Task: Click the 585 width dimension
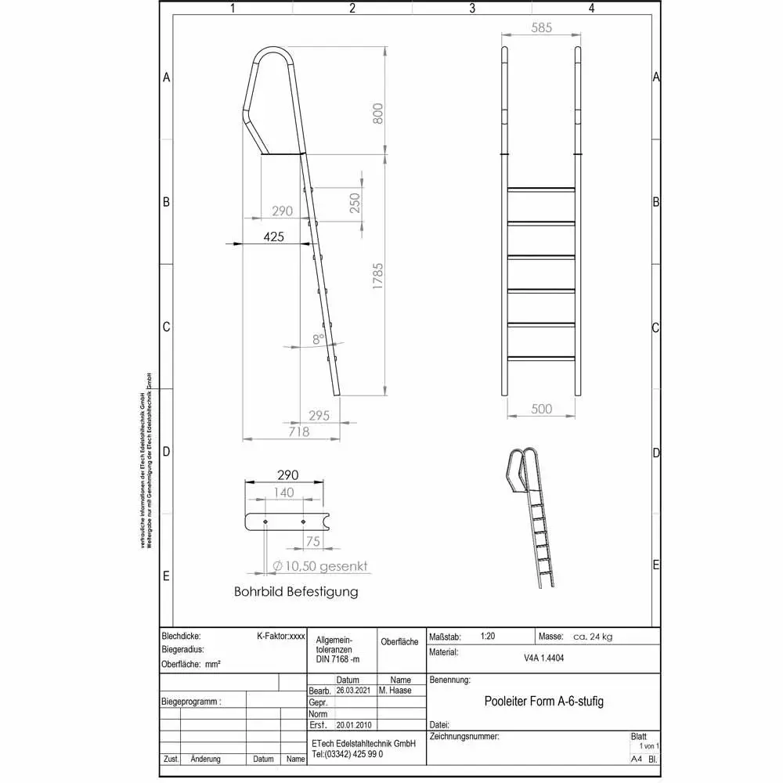540,27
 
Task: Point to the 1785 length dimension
377,278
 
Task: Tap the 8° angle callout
317,340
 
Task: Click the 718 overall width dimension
299,431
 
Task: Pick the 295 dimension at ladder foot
319,416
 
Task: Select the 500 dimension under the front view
541,409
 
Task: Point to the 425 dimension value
273,236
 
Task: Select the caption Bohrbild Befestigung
296,592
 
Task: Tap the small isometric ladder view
532,517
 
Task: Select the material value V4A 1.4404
544,659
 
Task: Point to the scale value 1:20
487,637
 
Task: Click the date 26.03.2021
352,691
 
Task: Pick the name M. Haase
395,691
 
